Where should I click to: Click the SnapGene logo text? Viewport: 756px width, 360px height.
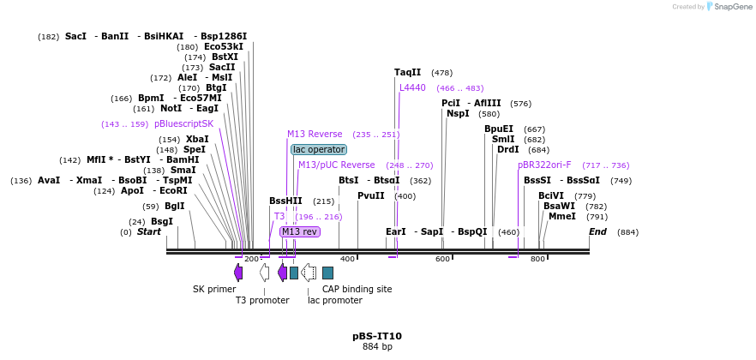[x=733, y=7]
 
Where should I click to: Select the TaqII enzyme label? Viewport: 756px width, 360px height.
[x=407, y=73]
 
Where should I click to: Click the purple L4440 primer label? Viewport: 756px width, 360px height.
[x=412, y=87]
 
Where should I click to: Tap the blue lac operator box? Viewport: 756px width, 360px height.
[x=319, y=149]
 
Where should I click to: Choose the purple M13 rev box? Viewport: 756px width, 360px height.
[x=300, y=231]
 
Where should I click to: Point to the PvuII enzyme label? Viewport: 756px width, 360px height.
[x=371, y=195]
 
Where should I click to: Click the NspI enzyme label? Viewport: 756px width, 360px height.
[x=458, y=113]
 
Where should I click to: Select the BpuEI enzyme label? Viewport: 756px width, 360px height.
[x=499, y=129]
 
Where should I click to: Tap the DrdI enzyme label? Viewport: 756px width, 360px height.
[x=508, y=149]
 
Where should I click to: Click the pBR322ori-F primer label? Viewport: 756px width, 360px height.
[x=544, y=165]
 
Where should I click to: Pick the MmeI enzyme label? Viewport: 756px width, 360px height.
[x=562, y=216]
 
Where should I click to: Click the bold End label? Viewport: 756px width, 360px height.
[x=597, y=231]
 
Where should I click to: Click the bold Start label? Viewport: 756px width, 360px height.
[x=149, y=231]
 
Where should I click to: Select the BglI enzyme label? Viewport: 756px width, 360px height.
[x=174, y=206]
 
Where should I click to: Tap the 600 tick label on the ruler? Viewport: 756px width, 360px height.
[x=442, y=259]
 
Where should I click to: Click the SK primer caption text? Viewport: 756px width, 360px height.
[x=214, y=289]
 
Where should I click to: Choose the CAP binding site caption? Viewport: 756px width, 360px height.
[x=357, y=289]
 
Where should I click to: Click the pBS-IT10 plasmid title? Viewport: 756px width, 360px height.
[x=377, y=336]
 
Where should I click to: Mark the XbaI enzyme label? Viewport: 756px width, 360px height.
[x=197, y=139]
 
